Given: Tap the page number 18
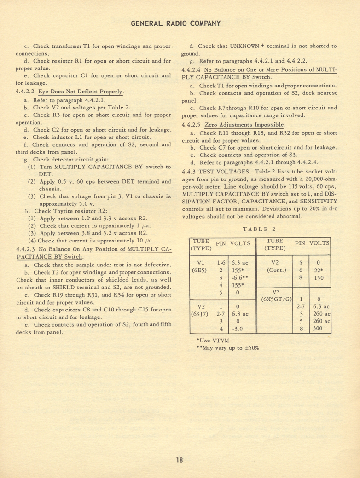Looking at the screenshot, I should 179,460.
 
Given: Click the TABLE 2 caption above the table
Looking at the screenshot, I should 259,229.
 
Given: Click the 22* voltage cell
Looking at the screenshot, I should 318,270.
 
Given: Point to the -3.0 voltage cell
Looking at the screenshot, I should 238,329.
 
